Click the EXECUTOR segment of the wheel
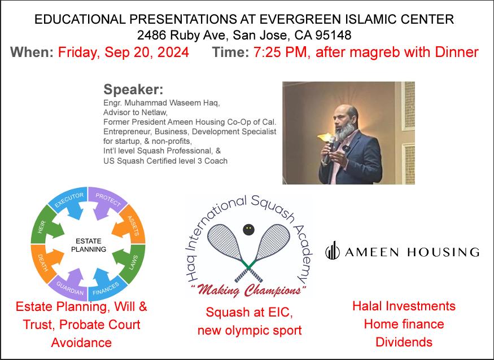click(x=69, y=201)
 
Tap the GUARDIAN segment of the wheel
click(x=69, y=286)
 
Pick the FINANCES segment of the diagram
click(x=107, y=286)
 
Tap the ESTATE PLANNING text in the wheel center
click(x=89, y=245)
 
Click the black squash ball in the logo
click(x=248, y=230)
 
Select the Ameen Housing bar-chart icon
click(x=333, y=251)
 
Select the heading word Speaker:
click(x=133, y=90)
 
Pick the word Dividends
click(x=404, y=342)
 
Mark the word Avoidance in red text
click(x=81, y=343)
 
